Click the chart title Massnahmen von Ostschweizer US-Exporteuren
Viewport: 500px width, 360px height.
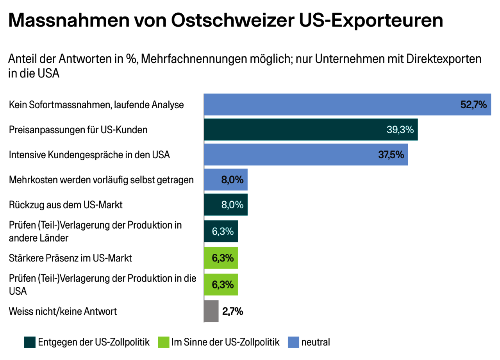click(x=225, y=21)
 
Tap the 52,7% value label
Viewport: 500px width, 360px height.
click(x=473, y=105)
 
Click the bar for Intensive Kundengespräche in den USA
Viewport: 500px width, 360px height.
click(x=289, y=155)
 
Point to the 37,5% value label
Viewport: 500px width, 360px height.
click(x=391, y=155)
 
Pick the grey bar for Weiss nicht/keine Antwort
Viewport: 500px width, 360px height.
click(x=211, y=312)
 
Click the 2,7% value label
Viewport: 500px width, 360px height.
click(x=233, y=312)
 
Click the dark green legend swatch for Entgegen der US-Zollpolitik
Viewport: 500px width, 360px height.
click(x=30, y=342)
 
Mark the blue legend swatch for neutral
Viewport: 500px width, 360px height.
click(x=293, y=342)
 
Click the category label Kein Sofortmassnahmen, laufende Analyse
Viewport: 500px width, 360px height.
click(x=96, y=105)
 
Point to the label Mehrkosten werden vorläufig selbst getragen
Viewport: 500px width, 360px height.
click(x=101, y=180)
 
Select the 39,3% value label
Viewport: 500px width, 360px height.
click(x=400, y=130)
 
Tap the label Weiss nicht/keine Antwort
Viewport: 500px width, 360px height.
click(x=63, y=312)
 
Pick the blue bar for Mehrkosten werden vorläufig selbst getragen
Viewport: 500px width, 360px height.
click(x=213, y=180)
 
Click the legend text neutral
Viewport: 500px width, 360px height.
click(x=316, y=342)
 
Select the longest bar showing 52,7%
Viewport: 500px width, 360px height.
click(x=332, y=105)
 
